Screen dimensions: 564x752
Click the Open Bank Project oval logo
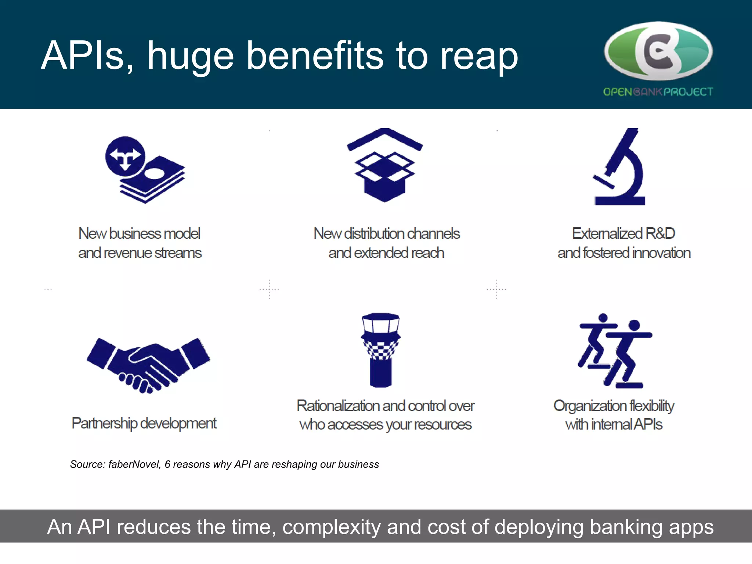(x=658, y=51)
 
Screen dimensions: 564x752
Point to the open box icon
(x=384, y=165)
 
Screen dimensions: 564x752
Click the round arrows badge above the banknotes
(x=125, y=156)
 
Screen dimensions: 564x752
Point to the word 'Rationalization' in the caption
(x=338, y=406)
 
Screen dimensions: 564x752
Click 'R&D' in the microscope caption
(x=660, y=234)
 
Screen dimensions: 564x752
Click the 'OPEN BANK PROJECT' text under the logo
(x=658, y=92)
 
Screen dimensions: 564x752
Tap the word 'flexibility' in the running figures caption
(x=652, y=406)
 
